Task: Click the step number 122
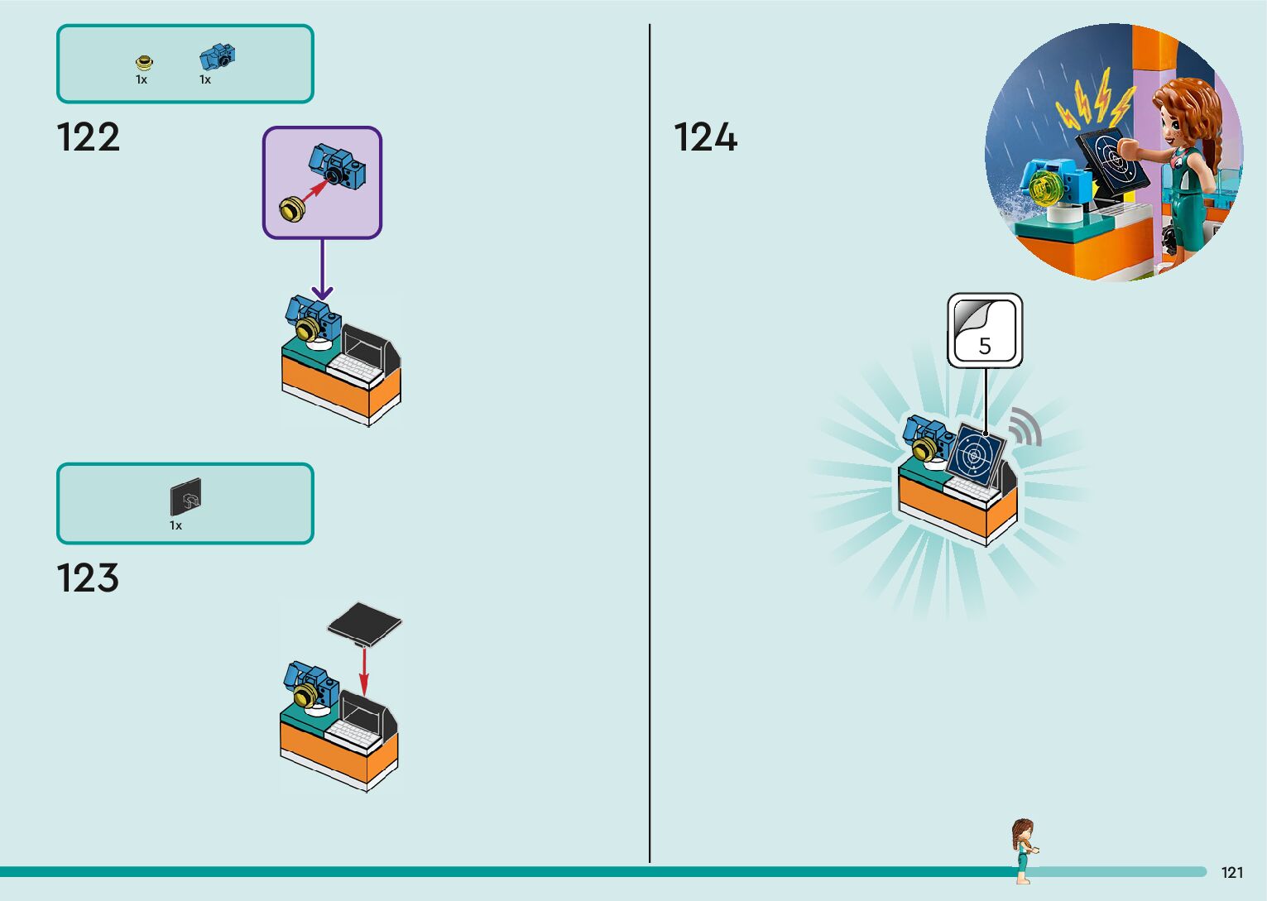[x=88, y=137]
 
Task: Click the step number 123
[x=88, y=578]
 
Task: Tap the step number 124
[x=705, y=137]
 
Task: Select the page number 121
[x=1231, y=872]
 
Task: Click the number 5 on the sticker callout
[x=985, y=346]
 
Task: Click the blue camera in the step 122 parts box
[x=217, y=57]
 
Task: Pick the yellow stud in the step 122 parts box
[x=144, y=62]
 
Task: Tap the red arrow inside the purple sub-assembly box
[x=316, y=192]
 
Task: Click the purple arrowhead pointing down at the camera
[x=323, y=292]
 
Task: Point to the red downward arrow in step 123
[x=363, y=670]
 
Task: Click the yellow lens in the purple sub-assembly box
[x=292, y=208]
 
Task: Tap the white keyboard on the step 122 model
[x=354, y=367]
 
